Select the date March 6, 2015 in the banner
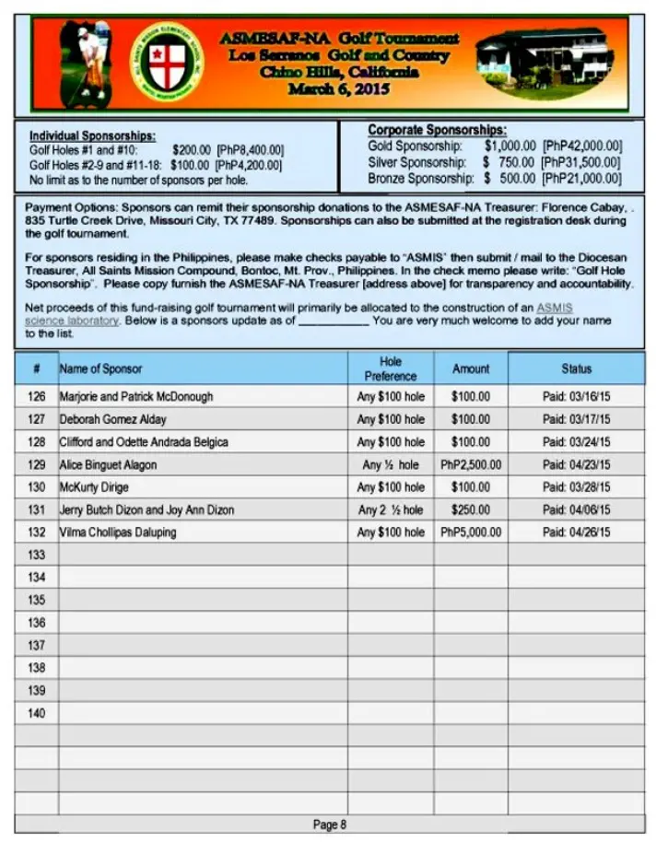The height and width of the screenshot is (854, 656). tap(339, 89)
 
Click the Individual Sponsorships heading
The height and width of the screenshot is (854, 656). tap(92, 135)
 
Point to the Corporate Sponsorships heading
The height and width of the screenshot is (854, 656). tap(437, 131)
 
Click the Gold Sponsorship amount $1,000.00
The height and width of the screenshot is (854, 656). tap(510, 146)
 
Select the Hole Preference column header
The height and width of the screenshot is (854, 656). tap(391, 369)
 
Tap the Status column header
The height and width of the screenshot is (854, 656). tap(576, 369)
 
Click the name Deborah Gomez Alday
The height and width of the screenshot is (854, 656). tap(112, 419)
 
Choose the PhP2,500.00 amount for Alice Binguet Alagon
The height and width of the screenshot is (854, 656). tap(471, 464)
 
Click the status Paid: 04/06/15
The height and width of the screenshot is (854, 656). tap(576, 509)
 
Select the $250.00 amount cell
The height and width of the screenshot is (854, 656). tap(471, 509)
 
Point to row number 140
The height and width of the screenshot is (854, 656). tap(36, 713)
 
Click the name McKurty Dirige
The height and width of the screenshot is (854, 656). tap(94, 487)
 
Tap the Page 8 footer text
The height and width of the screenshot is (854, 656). tap(329, 825)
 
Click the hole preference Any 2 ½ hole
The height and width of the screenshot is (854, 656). tap(391, 509)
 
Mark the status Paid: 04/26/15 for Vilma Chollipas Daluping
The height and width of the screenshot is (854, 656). tap(576, 532)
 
